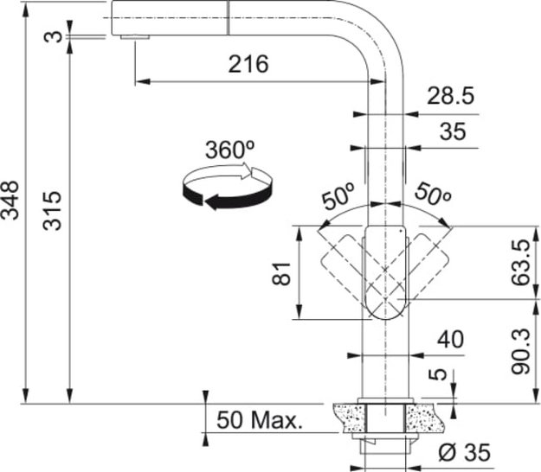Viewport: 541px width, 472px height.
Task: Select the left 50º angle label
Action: (x=338, y=197)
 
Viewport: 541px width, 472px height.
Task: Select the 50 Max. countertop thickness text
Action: (x=259, y=421)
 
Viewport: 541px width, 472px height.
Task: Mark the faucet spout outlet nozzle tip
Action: (x=134, y=37)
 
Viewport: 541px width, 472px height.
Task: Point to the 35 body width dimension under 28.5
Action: (x=452, y=131)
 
